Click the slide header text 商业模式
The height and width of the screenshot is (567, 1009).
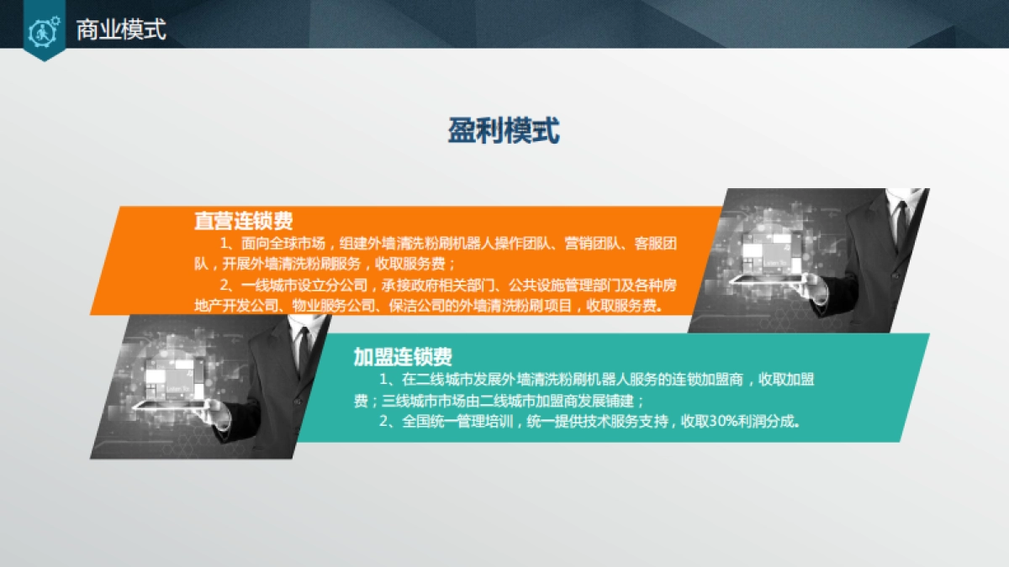click(x=121, y=30)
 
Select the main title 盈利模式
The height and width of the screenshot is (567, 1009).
click(x=504, y=132)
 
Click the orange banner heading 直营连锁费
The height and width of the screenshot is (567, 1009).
click(x=244, y=222)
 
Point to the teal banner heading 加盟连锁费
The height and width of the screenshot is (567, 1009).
click(x=403, y=356)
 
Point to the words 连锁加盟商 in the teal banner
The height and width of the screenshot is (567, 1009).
click(x=707, y=380)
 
